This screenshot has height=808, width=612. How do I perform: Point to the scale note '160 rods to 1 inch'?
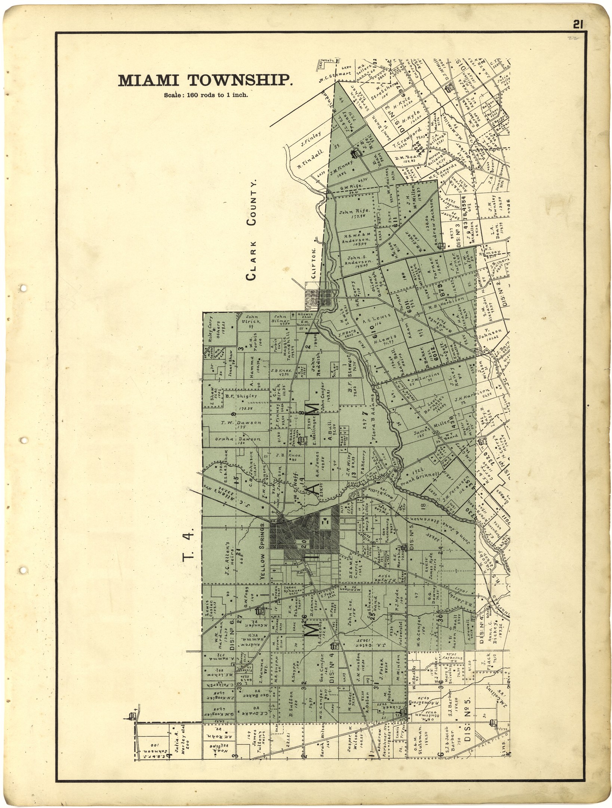click(206, 95)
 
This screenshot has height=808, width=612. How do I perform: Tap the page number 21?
click(578, 25)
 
